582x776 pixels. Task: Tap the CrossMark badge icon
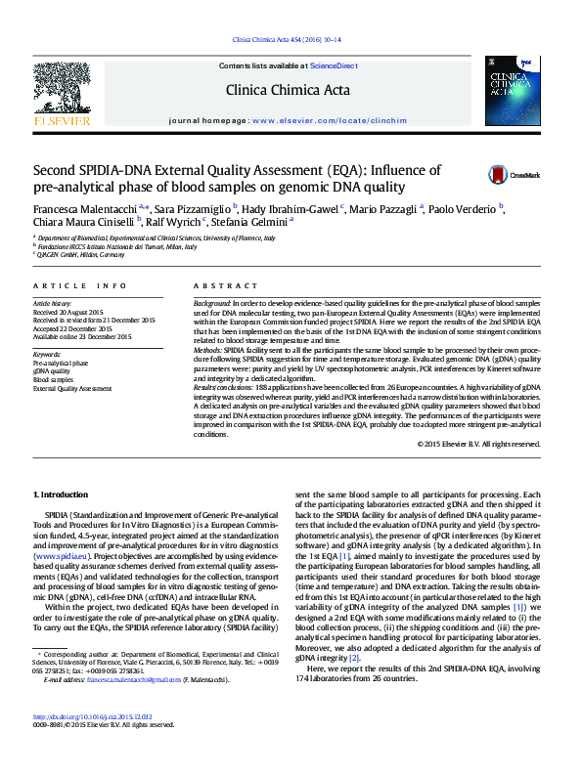[x=500, y=175]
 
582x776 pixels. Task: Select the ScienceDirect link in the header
[x=333, y=65]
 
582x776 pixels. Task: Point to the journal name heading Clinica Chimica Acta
[x=288, y=91]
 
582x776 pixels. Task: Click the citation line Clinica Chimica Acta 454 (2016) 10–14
[x=286, y=39]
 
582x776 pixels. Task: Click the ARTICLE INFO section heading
[x=79, y=285]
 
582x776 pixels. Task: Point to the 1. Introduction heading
[x=62, y=496]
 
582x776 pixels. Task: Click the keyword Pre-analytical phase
[x=61, y=363]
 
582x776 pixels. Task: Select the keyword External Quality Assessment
[x=72, y=389]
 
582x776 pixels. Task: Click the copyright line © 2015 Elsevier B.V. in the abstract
[x=465, y=444]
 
